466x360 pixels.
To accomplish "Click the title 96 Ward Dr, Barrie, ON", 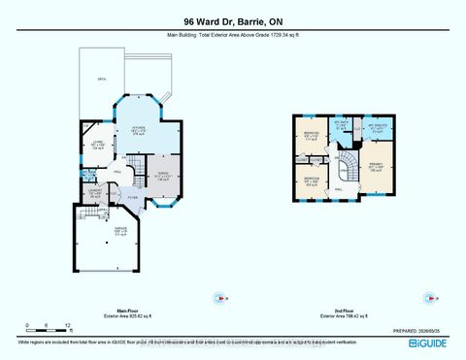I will (x=232, y=20).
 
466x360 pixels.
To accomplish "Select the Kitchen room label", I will (x=139, y=132).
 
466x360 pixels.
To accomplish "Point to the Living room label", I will (x=98, y=147).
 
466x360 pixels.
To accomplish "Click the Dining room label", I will (x=163, y=177).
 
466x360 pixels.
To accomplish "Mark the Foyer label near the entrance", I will (x=134, y=198).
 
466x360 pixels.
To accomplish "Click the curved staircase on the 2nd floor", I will (x=347, y=178).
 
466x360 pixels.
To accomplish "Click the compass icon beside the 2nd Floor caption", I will (x=425, y=297).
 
